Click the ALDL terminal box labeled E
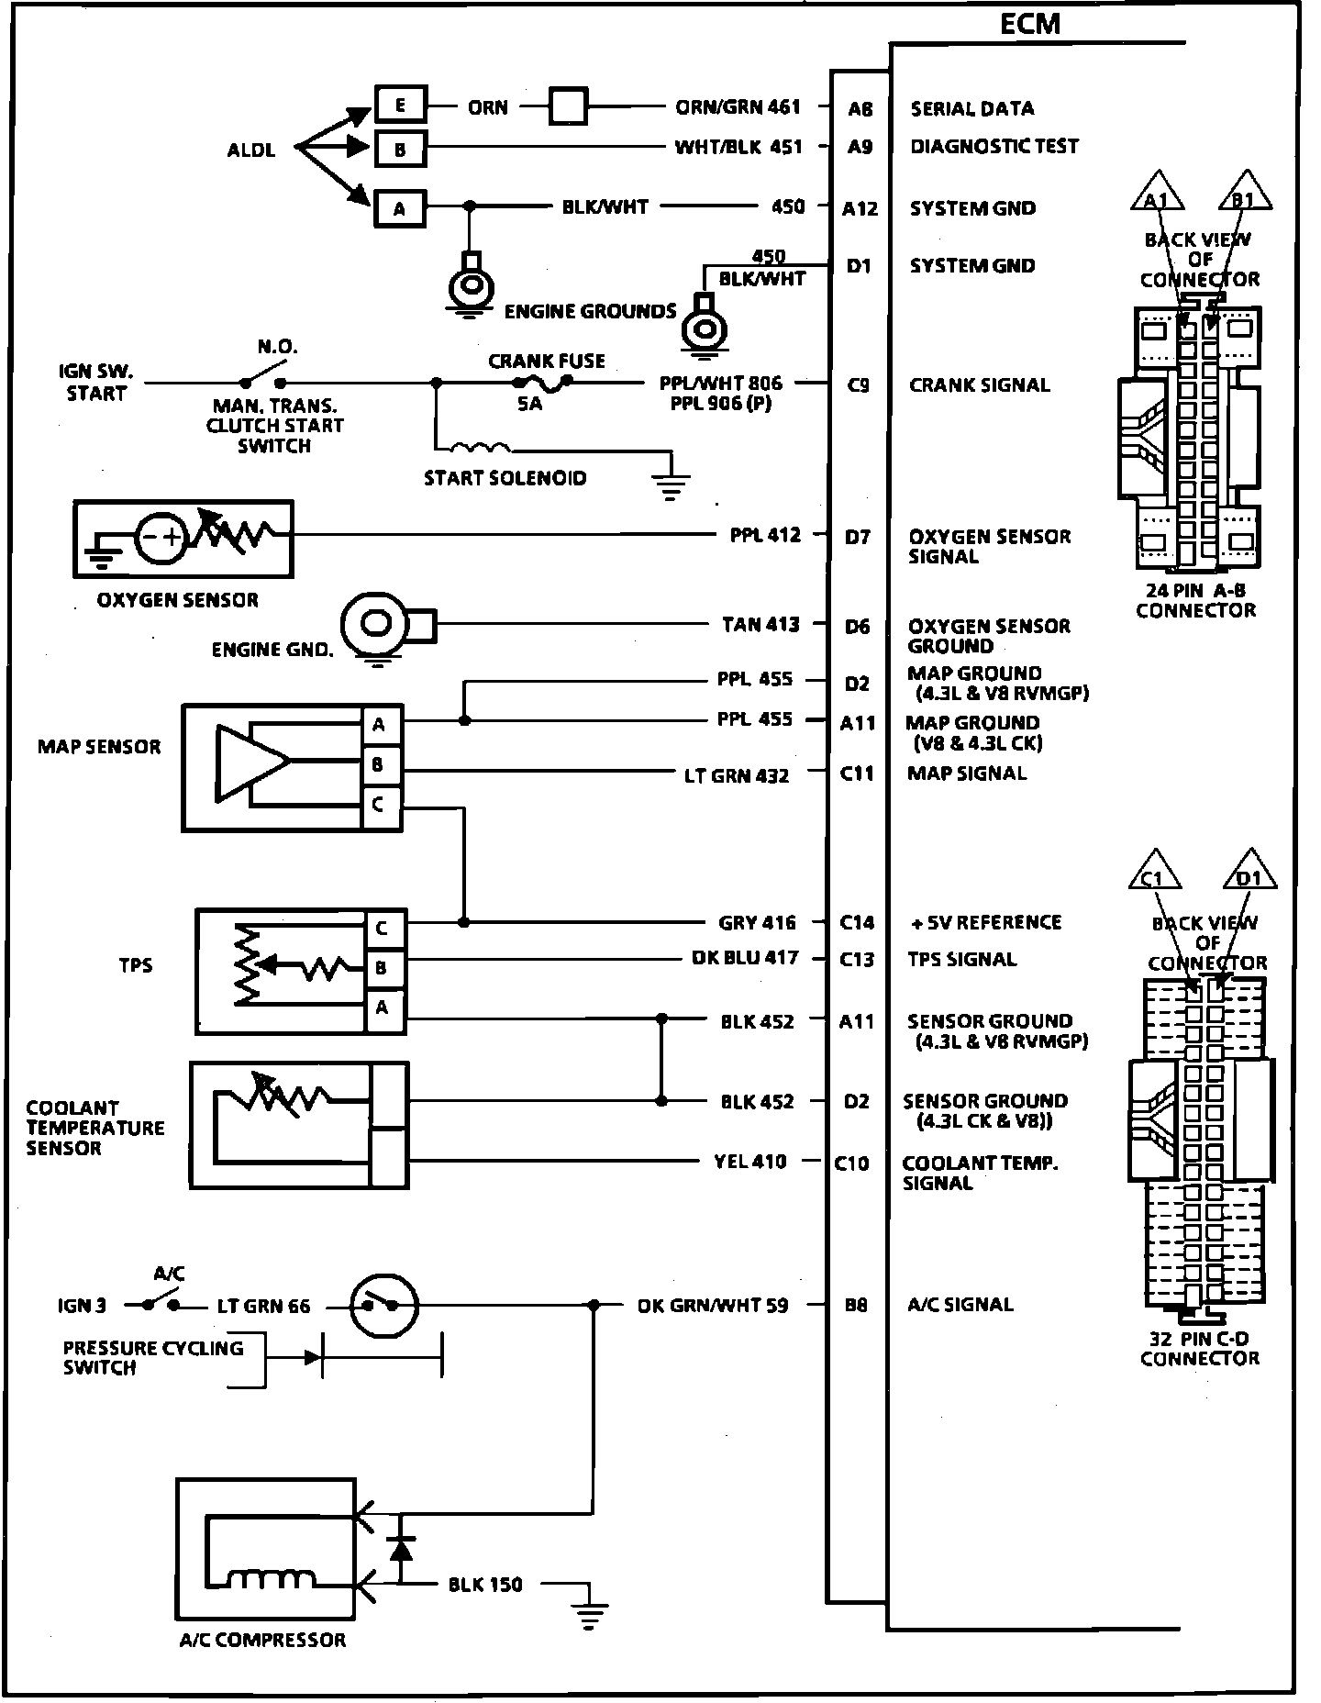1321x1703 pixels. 400,105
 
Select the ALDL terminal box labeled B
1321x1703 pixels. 400,150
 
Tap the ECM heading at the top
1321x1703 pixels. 1029,24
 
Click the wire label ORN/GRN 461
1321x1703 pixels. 738,107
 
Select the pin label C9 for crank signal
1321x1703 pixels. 858,385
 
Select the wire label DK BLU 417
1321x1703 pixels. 744,958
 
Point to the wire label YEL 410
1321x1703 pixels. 749,1162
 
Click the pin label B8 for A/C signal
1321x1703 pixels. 855,1305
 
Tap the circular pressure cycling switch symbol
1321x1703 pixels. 384,1305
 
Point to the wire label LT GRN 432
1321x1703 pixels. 736,775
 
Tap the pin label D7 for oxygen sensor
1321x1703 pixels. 857,537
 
